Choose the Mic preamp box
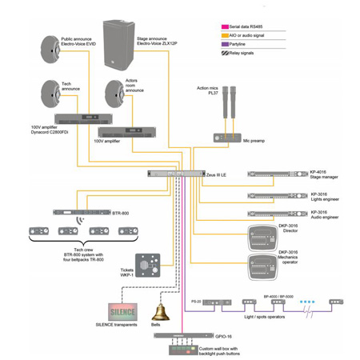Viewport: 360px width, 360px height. (x=227, y=137)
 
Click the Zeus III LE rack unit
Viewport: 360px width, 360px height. (x=176, y=173)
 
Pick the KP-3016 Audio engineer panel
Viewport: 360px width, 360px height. (x=275, y=214)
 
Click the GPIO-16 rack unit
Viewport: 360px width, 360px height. (x=176, y=337)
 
